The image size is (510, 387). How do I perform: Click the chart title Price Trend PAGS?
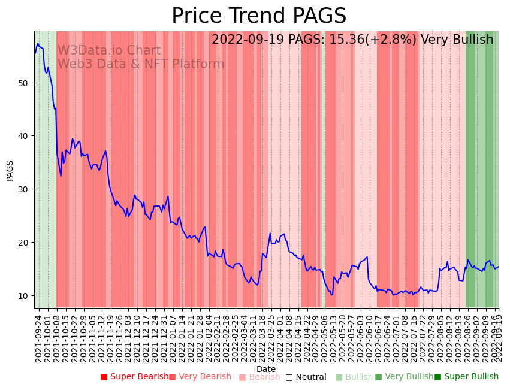click(x=259, y=16)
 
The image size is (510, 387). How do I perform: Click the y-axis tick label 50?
click(x=23, y=83)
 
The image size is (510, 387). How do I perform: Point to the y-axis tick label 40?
click(x=23, y=136)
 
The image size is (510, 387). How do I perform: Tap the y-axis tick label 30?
click(x=23, y=189)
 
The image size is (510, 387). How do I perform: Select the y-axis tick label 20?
click(x=23, y=243)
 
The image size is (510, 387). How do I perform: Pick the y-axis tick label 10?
click(x=23, y=296)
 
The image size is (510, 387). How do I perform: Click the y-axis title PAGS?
click(x=10, y=170)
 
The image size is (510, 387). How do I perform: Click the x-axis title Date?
click(x=266, y=370)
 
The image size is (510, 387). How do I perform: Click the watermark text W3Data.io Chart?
click(x=109, y=50)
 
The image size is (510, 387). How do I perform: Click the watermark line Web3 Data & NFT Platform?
click(x=141, y=64)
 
